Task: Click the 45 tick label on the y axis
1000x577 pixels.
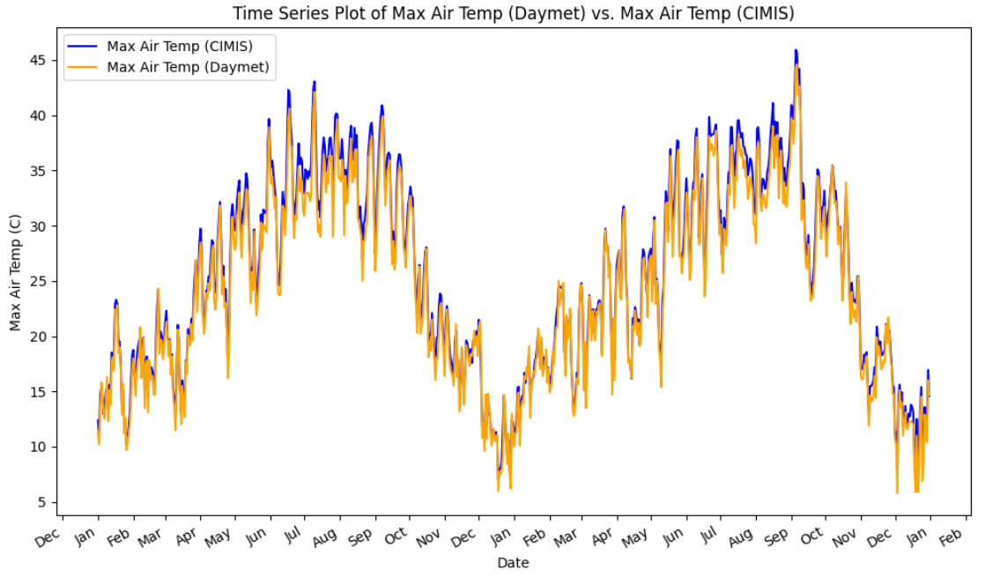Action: point(41,61)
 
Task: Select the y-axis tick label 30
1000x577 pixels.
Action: point(41,226)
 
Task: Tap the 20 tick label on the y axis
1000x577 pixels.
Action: point(41,337)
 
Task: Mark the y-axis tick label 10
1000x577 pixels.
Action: point(41,448)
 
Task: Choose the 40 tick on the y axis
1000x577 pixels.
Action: point(41,116)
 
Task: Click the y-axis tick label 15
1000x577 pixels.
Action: point(41,392)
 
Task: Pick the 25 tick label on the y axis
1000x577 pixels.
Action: point(41,282)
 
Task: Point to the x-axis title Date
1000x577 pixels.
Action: point(512,562)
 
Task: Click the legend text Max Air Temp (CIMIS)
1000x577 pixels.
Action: point(186,46)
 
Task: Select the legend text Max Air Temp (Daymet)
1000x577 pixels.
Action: point(188,66)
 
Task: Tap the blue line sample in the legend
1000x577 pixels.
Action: point(85,46)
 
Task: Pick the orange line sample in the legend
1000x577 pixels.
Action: point(85,66)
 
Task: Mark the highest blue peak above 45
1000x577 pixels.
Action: point(796,51)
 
